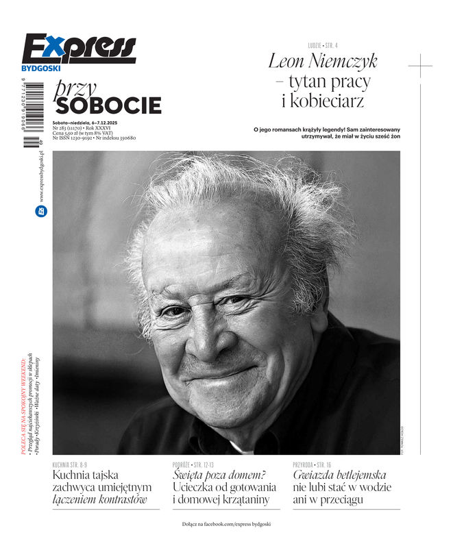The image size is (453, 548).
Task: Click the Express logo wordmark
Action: pos(79,49)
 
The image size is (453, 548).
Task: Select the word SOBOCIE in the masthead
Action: pos(109,105)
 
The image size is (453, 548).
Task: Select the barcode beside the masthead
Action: pos(32,117)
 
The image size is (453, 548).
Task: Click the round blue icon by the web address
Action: pos(40,212)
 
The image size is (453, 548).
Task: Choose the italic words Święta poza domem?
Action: pos(219,475)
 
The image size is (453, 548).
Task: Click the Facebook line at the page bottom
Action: pos(226,524)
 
